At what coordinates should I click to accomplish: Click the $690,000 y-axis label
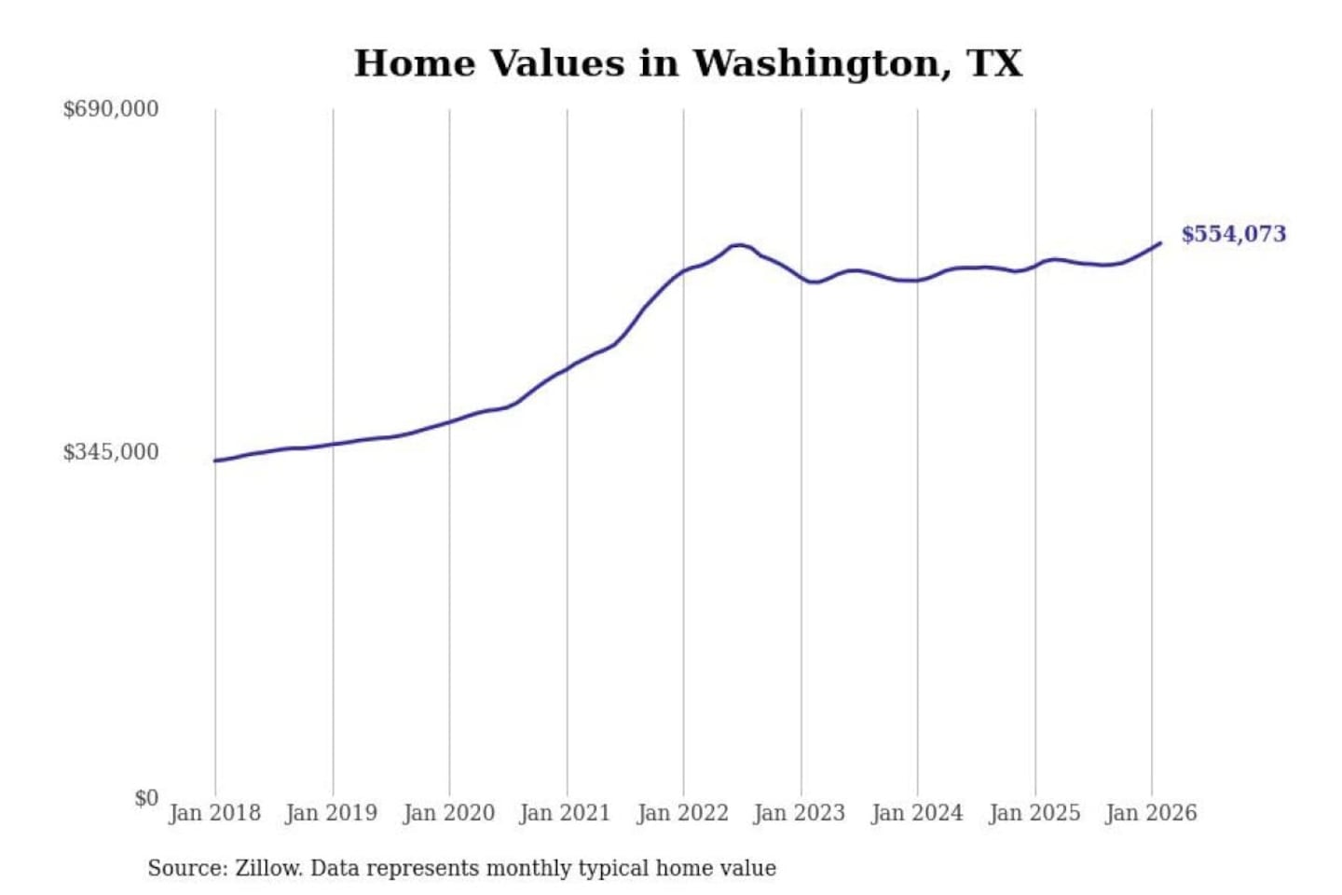111,109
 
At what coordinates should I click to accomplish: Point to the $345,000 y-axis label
111,452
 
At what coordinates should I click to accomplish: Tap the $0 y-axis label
146,798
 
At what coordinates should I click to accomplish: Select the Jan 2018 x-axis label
214,813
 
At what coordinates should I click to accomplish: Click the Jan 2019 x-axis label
331,813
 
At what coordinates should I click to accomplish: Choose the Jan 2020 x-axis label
448,813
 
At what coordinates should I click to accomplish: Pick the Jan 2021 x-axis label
565,813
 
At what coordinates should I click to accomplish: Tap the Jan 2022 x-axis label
682,813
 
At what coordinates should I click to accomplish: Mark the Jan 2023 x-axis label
799,813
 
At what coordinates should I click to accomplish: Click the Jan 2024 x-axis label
916,813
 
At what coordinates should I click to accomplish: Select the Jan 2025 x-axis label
1034,813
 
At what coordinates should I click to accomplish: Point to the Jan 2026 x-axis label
1150,813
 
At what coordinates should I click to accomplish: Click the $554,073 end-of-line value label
1233,234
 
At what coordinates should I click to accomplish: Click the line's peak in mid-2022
738,245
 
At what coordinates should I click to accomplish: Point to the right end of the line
1160,243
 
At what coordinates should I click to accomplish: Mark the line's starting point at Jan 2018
215,461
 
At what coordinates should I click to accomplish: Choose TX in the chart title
994,63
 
